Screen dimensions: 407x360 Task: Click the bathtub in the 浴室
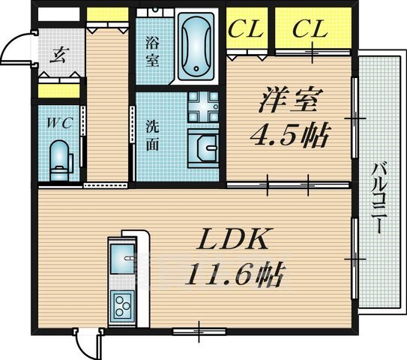196,45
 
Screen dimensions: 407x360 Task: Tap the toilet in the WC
61,160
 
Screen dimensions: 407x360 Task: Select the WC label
59,123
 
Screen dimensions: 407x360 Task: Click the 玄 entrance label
57,55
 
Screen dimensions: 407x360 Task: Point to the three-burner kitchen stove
122,307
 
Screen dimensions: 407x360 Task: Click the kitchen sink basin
122,259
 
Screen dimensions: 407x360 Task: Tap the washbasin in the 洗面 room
203,148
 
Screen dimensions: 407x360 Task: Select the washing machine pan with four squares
203,106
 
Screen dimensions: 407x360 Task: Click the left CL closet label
244,28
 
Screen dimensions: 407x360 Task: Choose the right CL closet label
310,28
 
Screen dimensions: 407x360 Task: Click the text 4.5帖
289,135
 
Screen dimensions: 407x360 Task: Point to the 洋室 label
290,100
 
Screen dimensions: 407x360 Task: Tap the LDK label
232,238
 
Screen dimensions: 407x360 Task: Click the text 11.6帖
234,275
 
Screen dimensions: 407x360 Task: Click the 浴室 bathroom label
152,52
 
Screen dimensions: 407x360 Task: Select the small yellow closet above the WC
59,91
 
